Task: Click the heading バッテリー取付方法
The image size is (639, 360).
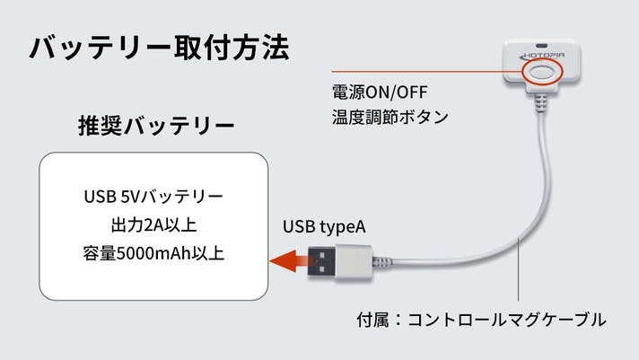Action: click(160, 48)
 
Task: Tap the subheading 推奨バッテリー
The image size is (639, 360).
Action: click(156, 125)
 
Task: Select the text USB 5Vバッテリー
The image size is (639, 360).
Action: click(153, 197)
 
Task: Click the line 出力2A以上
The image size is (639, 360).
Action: click(153, 225)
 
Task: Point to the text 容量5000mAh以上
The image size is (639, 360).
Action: click(153, 253)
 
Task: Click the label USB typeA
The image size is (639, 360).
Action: click(324, 227)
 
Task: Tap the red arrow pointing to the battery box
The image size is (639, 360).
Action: click(288, 261)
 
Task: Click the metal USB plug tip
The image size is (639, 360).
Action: click(322, 261)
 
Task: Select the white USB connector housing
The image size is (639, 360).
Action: click(355, 262)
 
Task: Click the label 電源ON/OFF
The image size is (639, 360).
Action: click(380, 92)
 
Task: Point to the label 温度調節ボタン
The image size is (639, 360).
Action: click(390, 117)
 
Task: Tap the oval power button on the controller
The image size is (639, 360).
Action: click(542, 73)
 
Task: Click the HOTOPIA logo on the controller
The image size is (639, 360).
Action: click(544, 56)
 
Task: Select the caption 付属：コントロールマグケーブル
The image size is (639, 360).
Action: click(481, 320)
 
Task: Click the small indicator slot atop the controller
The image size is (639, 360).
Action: click(541, 45)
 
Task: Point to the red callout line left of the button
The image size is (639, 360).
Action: click(426, 72)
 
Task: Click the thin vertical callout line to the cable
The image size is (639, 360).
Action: click(519, 269)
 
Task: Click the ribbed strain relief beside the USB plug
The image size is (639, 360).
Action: click(382, 262)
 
